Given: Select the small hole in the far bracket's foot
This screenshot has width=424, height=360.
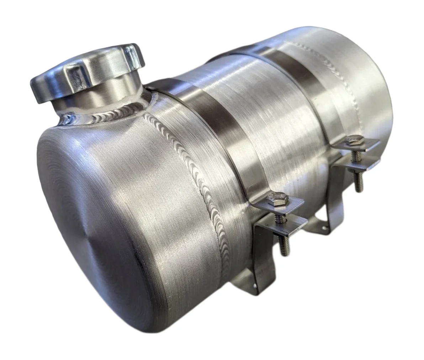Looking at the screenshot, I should pos(322,221).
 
